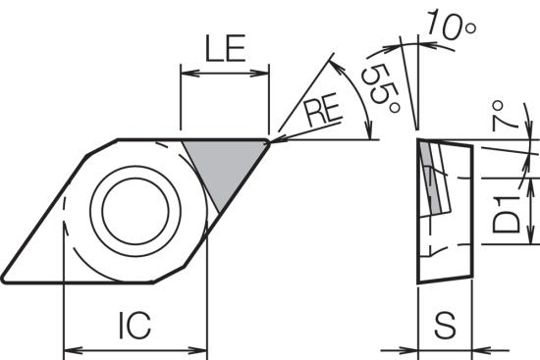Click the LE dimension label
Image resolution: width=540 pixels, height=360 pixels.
tap(225, 48)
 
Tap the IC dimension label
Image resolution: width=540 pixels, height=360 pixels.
tap(135, 326)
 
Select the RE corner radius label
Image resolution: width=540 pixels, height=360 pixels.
tap(324, 112)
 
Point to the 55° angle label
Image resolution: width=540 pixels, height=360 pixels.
tap(381, 88)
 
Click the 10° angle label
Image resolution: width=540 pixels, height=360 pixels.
tap(452, 25)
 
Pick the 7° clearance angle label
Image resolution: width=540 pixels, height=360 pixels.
tap(499, 116)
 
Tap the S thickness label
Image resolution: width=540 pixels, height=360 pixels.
tap(445, 326)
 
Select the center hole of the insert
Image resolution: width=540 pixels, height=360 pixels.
tap(135, 211)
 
